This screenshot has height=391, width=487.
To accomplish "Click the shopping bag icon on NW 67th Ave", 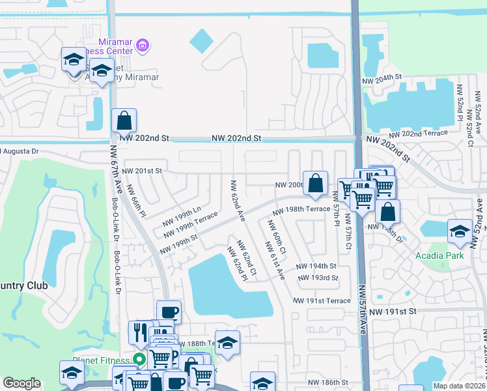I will coord(124,121).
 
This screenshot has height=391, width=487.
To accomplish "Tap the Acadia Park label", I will coord(438,255).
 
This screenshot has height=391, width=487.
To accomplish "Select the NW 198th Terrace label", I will coord(301,210).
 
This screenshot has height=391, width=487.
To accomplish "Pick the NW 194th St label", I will coord(316,267).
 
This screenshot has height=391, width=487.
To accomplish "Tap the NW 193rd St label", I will coord(318,278).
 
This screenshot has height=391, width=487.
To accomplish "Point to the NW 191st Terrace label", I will coord(322,300).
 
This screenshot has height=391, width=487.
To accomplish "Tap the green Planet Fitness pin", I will coord(138,359).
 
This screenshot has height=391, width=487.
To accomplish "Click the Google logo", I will coord(21,383).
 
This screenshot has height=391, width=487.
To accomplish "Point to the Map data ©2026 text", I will coord(458,386).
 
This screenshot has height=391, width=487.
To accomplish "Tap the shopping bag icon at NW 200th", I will coord(315,184).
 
